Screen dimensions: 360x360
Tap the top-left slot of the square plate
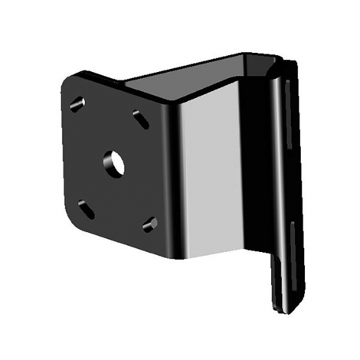tap(78, 103)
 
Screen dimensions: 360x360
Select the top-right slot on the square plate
tap(140, 118)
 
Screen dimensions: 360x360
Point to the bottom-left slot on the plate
tap(87, 208)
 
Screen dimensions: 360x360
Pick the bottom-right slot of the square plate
tap(149, 224)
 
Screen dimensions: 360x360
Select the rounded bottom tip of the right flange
tap(283, 310)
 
